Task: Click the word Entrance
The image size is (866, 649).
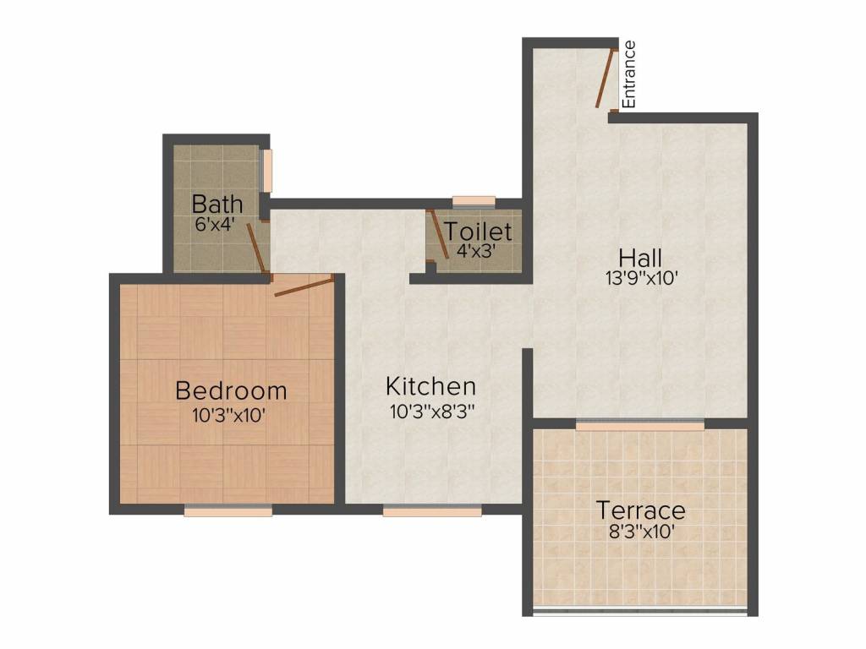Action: coord(628,74)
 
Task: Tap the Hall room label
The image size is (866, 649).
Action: coord(639,258)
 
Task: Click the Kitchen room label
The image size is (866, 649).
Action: coord(430,387)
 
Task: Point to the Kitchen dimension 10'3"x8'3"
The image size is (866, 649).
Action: coord(430,412)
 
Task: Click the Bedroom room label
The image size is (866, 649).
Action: coord(231,391)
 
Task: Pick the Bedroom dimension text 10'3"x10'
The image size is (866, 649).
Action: coord(230,415)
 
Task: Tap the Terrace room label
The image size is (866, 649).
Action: coord(640,511)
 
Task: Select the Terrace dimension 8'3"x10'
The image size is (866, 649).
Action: coord(640,532)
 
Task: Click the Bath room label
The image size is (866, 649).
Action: coord(217,204)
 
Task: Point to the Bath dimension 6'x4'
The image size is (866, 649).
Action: coord(215,224)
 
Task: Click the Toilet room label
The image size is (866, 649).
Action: coord(479,232)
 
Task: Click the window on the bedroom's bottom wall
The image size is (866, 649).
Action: coord(227,510)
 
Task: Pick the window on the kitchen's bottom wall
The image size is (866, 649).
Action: coord(432,510)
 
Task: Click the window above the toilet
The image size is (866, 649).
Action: coord(474,201)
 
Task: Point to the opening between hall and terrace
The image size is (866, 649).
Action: coord(639,425)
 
